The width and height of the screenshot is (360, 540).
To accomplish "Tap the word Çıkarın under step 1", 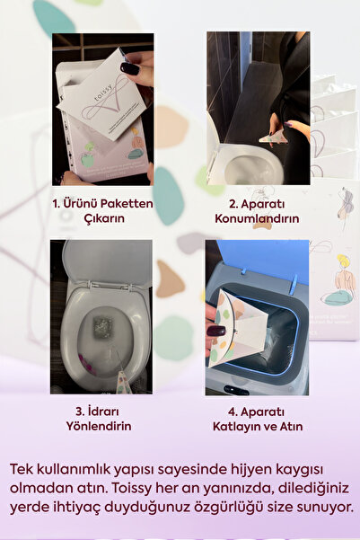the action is click(x=104, y=218).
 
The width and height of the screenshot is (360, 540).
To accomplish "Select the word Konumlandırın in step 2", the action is click(x=257, y=218).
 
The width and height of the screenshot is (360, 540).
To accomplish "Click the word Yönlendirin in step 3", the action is click(x=99, y=426).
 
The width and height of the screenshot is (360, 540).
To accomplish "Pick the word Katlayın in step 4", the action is click(x=237, y=427).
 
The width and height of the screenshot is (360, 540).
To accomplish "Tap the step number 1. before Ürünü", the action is click(x=57, y=204).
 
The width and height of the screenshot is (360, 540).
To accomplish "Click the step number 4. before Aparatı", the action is click(x=233, y=412).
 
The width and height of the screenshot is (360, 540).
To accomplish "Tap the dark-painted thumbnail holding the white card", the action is click(x=130, y=68).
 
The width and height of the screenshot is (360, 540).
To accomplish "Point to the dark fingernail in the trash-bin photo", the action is click(x=216, y=332).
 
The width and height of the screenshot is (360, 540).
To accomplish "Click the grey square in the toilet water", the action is click(x=102, y=326).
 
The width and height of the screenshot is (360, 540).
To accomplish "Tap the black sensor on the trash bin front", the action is click(x=236, y=390).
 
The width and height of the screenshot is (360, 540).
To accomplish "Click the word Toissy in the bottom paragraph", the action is click(x=132, y=489).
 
